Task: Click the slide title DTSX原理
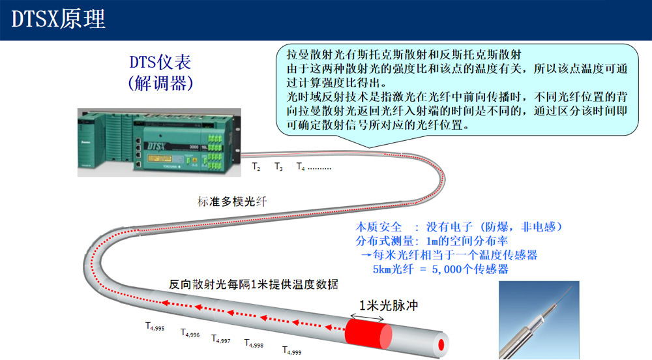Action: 58,19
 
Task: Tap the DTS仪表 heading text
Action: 160,63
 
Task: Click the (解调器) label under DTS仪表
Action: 160,83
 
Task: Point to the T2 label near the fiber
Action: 256,167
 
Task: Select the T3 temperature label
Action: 278,167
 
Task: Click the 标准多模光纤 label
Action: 232,202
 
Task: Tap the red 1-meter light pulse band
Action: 368,333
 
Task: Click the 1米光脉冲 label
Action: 389,305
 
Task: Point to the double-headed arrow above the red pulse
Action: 368,318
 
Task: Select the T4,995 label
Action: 155,327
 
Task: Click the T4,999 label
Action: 292,350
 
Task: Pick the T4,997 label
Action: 221,338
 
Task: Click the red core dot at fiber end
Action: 441,344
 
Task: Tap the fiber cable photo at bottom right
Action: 539,320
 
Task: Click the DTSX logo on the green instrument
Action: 156,146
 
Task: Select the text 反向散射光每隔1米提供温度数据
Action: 253,284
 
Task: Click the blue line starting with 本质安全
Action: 458,227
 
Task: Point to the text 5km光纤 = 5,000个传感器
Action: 440,269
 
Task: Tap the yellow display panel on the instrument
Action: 160,159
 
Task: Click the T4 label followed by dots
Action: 314,167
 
